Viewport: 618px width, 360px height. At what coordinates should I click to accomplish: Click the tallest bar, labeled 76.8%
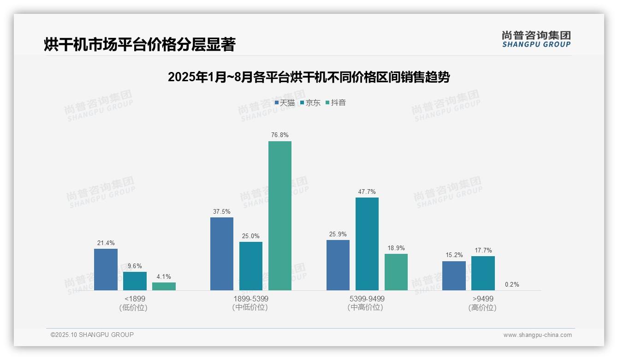280,216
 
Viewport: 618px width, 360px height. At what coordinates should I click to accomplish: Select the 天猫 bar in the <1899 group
106,270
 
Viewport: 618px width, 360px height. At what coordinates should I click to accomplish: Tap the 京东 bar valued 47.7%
367,244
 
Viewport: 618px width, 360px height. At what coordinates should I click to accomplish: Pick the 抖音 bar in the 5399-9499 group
396,272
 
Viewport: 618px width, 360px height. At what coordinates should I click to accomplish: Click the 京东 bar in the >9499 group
483,273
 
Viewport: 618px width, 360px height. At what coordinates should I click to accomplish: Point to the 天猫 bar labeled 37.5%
222,254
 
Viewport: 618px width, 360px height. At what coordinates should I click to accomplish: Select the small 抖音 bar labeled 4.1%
164,286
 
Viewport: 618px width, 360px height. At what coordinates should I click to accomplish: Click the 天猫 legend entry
285,103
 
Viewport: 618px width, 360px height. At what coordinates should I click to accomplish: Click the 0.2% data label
512,285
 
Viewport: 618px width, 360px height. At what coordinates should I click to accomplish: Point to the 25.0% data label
251,236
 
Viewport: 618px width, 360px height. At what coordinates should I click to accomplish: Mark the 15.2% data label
454,255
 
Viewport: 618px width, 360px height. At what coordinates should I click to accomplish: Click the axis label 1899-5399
250,299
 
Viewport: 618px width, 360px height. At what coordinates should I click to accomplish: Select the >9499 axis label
482,299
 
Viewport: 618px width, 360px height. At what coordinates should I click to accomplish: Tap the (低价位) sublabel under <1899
133,308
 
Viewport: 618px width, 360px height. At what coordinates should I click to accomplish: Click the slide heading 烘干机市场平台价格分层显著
140,45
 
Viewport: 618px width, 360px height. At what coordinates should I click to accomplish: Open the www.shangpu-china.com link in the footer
537,335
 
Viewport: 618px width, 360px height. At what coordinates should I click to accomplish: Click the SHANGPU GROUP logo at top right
536,39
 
